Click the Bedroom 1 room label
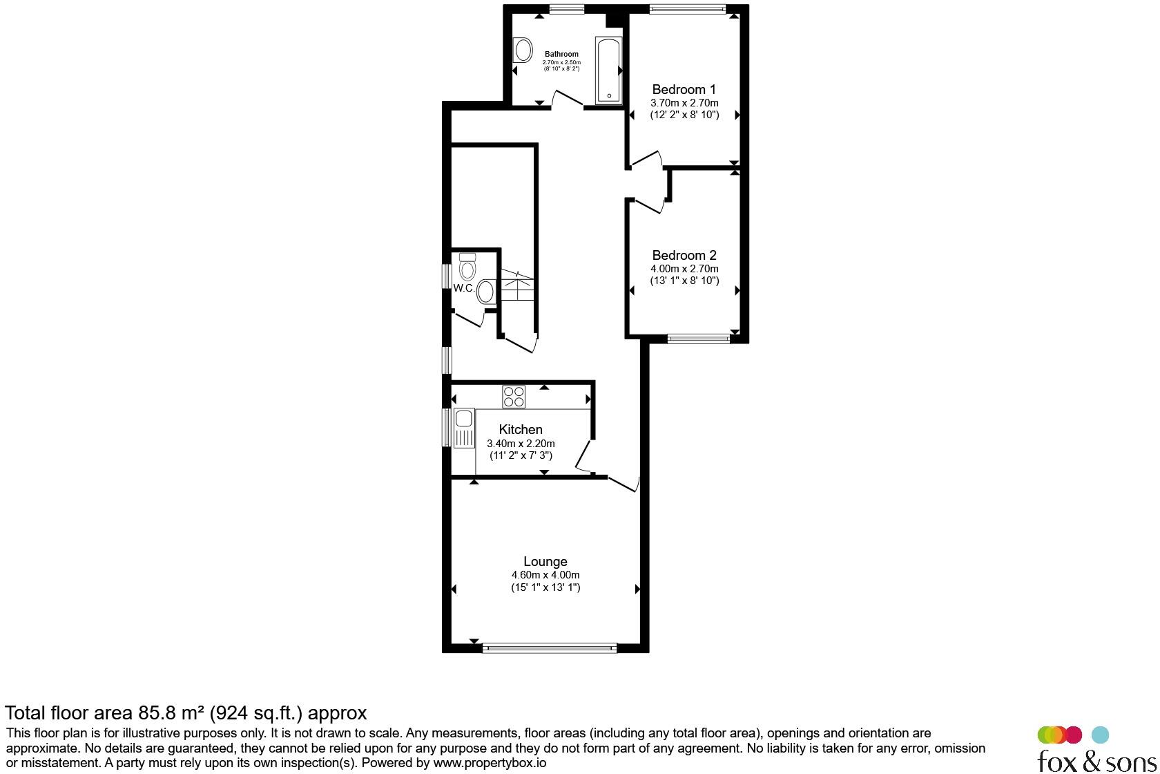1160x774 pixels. pos(684,90)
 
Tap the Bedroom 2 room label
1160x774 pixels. pos(684,256)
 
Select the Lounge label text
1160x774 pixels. pos(545,561)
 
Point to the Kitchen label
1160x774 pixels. pos(521,429)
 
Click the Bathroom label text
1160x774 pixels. pos(561,54)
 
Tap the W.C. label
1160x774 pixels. pos(464,288)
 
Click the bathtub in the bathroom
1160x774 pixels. pos(608,70)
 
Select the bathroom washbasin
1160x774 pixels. pos(523,50)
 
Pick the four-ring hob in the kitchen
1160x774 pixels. pos(514,397)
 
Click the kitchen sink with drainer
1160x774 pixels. pos(464,428)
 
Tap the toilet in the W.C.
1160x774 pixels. pos(467,267)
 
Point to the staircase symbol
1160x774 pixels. pos(516,285)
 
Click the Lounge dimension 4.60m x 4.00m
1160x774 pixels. pos(545,575)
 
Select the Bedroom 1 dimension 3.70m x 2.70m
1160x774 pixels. pos(684,103)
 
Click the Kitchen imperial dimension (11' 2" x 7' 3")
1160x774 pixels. pos(521,455)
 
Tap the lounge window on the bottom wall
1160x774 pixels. pos(550,648)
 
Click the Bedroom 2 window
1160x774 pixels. pos(699,339)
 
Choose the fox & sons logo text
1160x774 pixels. pos(1096,761)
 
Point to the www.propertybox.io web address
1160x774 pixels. pos(490,763)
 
